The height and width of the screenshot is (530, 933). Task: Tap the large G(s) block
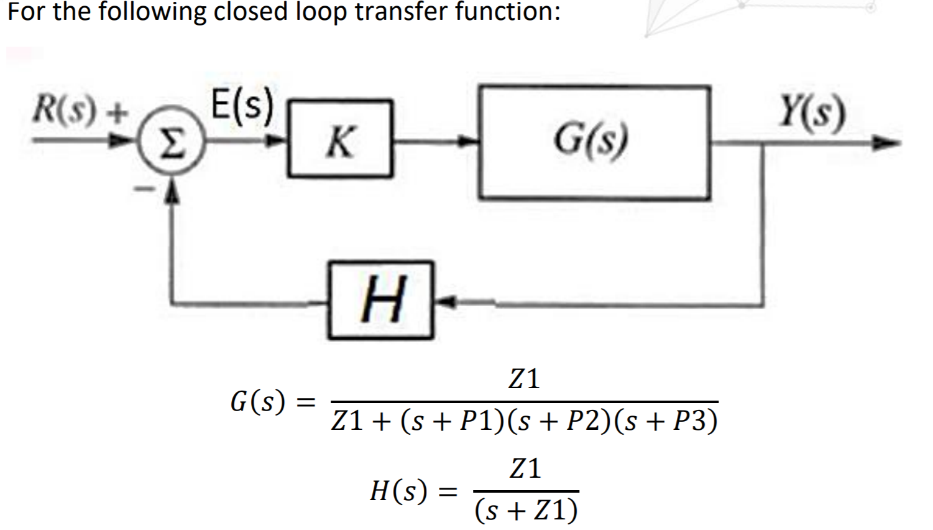pyautogui.click(x=593, y=142)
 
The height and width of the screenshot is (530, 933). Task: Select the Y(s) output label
pyautogui.click(x=813, y=113)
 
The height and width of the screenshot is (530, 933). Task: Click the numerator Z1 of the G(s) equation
pyautogui.click(x=524, y=379)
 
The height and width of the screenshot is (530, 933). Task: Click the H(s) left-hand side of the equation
pyautogui.click(x=398, y=491)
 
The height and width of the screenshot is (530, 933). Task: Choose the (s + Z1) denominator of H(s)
pyautogui.click(x=526, y=511)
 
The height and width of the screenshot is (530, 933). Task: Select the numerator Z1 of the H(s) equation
pyautogui.click(x=525, y=468)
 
